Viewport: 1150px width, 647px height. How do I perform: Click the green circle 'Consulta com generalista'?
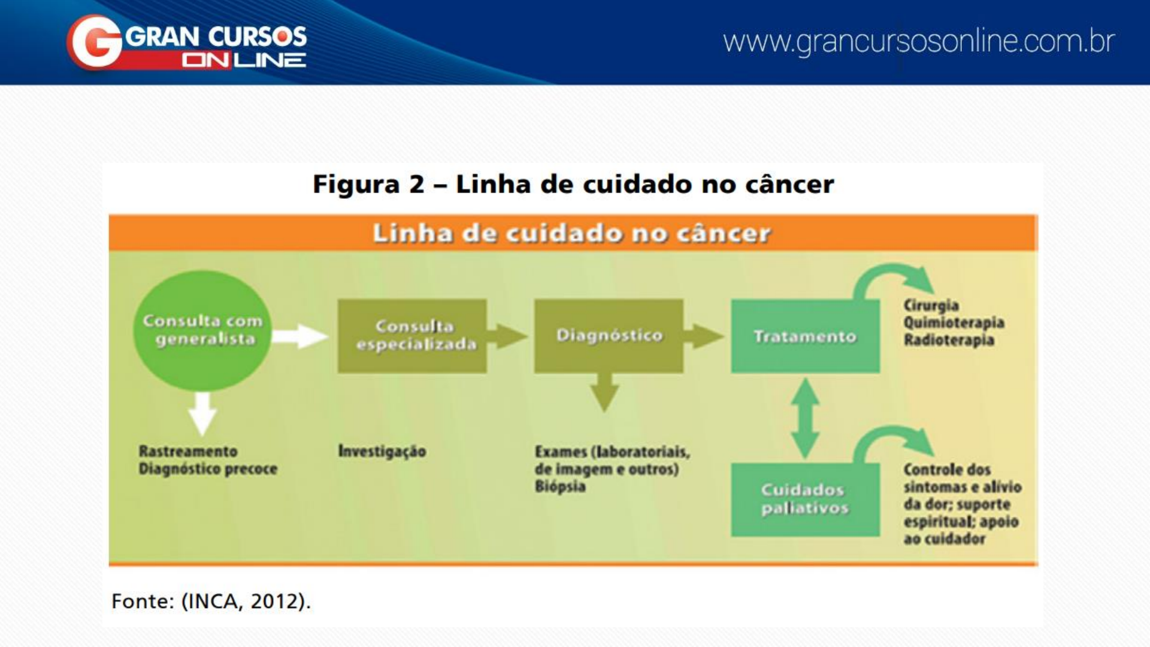click(x=202, y=330)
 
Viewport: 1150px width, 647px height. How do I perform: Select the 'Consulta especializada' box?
click(x=412, y=336)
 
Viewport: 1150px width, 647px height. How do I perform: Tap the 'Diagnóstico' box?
click(x=609, y=336)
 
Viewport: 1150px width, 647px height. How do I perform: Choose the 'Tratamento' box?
click(x=805, y=337)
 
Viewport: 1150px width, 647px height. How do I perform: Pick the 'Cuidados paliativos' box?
click(x=805, y=499)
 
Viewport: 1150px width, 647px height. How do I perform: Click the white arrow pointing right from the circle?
click(x=299, y=336)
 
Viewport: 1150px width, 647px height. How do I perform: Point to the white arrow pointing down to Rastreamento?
click(x=202, y=413)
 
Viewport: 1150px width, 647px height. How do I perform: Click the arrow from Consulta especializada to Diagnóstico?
click(x=508, y=336)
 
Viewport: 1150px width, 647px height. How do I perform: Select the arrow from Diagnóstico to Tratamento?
click(x=704, y=336)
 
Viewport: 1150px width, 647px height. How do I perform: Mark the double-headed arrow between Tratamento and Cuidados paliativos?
click(x=806, y=418)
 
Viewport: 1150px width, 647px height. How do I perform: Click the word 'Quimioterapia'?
click(x=954, y=323)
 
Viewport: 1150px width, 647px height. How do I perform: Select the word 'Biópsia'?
click(x=560, y=486)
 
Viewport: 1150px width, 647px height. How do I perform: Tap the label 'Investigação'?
click(x=382, y=451)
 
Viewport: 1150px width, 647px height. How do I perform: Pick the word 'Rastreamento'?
click(x=188, y=451)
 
